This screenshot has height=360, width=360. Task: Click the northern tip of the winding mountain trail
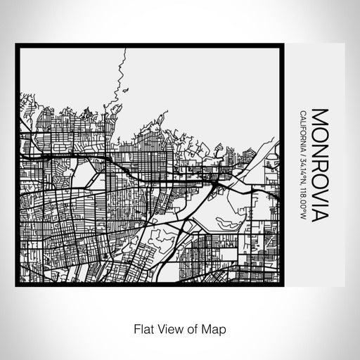[124, 51]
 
